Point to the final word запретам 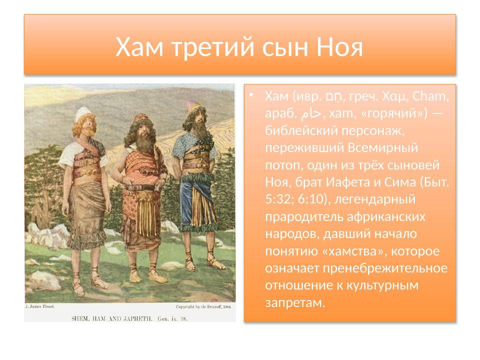[x=295, y=303]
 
